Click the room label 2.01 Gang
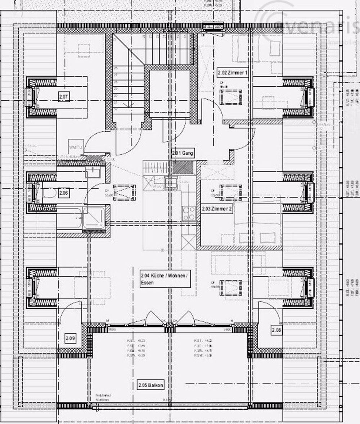(x=183, y=153)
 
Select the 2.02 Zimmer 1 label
(x=233, y=72)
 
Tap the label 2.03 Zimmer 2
(x=217, y=209)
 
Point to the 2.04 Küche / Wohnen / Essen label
(x=164, y=279)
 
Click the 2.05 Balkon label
(x=150, y=386)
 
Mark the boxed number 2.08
(x=276, y=330)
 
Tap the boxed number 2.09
(x=70, y=338)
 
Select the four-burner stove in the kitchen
(x=189, y=213)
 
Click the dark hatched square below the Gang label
(x=183, y=168)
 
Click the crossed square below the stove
(x=189, y=241)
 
